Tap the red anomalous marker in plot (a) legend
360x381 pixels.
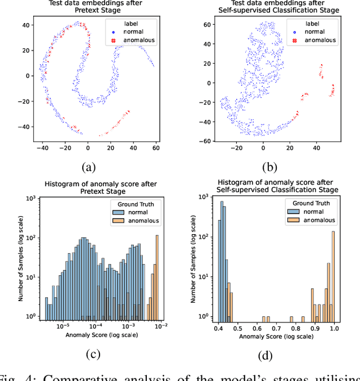(113, 41)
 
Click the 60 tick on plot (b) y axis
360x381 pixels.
(211, 24)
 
